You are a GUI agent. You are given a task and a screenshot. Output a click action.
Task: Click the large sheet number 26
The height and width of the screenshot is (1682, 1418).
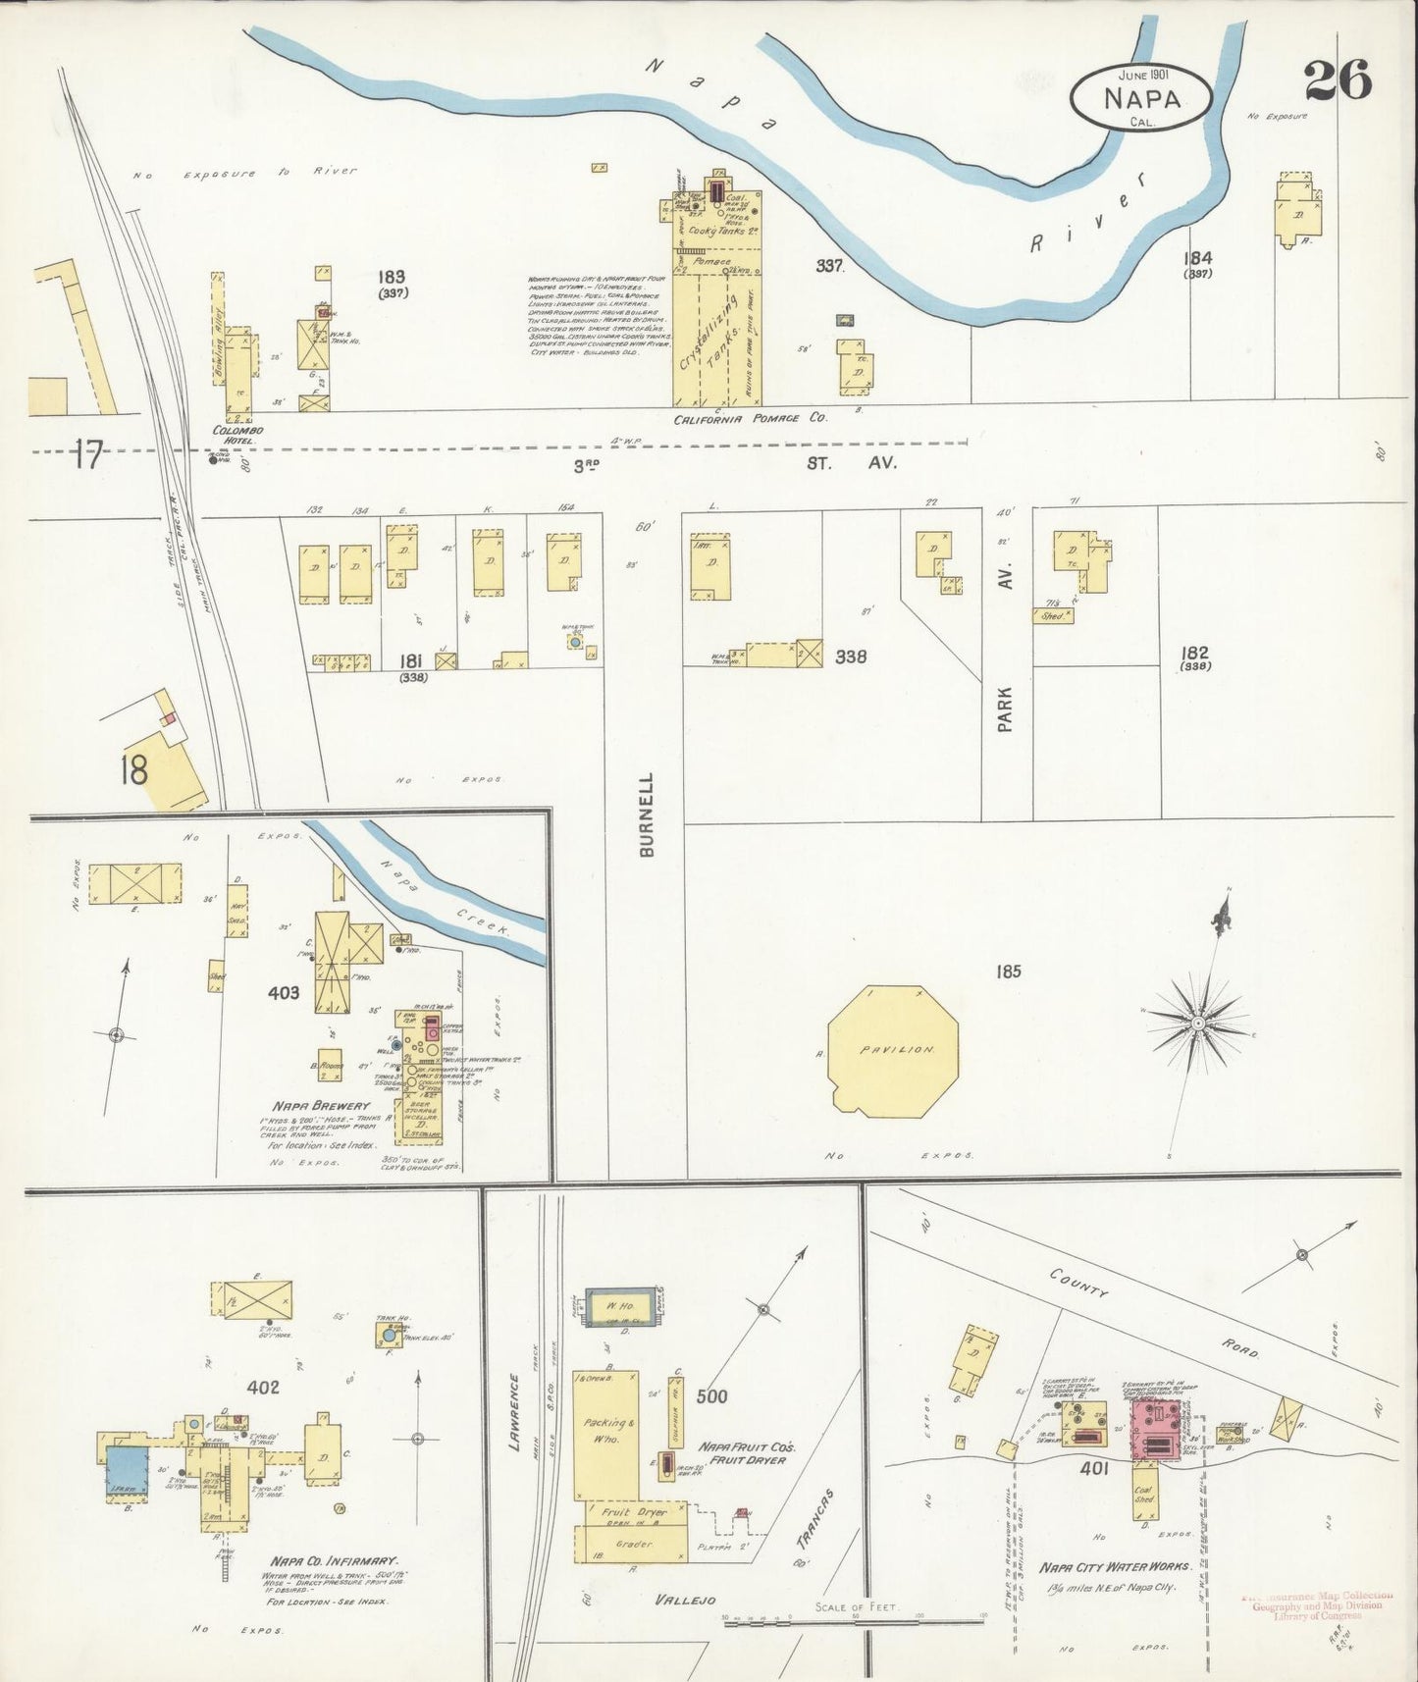pos(1338,80)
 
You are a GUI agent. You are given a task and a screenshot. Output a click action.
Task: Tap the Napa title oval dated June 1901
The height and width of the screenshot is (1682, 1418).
pos(1141,98)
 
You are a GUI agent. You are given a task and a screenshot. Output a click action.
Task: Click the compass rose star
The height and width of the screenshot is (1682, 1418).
pos(1197,1023)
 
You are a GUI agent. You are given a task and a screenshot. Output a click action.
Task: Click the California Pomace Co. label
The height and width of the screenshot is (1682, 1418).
pos(750,418)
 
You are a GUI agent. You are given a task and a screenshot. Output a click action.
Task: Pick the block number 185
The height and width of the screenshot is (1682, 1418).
pos(1008,971)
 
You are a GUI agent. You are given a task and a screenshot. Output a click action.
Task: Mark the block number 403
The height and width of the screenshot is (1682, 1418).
pos(284,993)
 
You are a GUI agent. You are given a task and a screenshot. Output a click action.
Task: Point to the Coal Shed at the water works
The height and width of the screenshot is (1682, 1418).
pos(1144,1493)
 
